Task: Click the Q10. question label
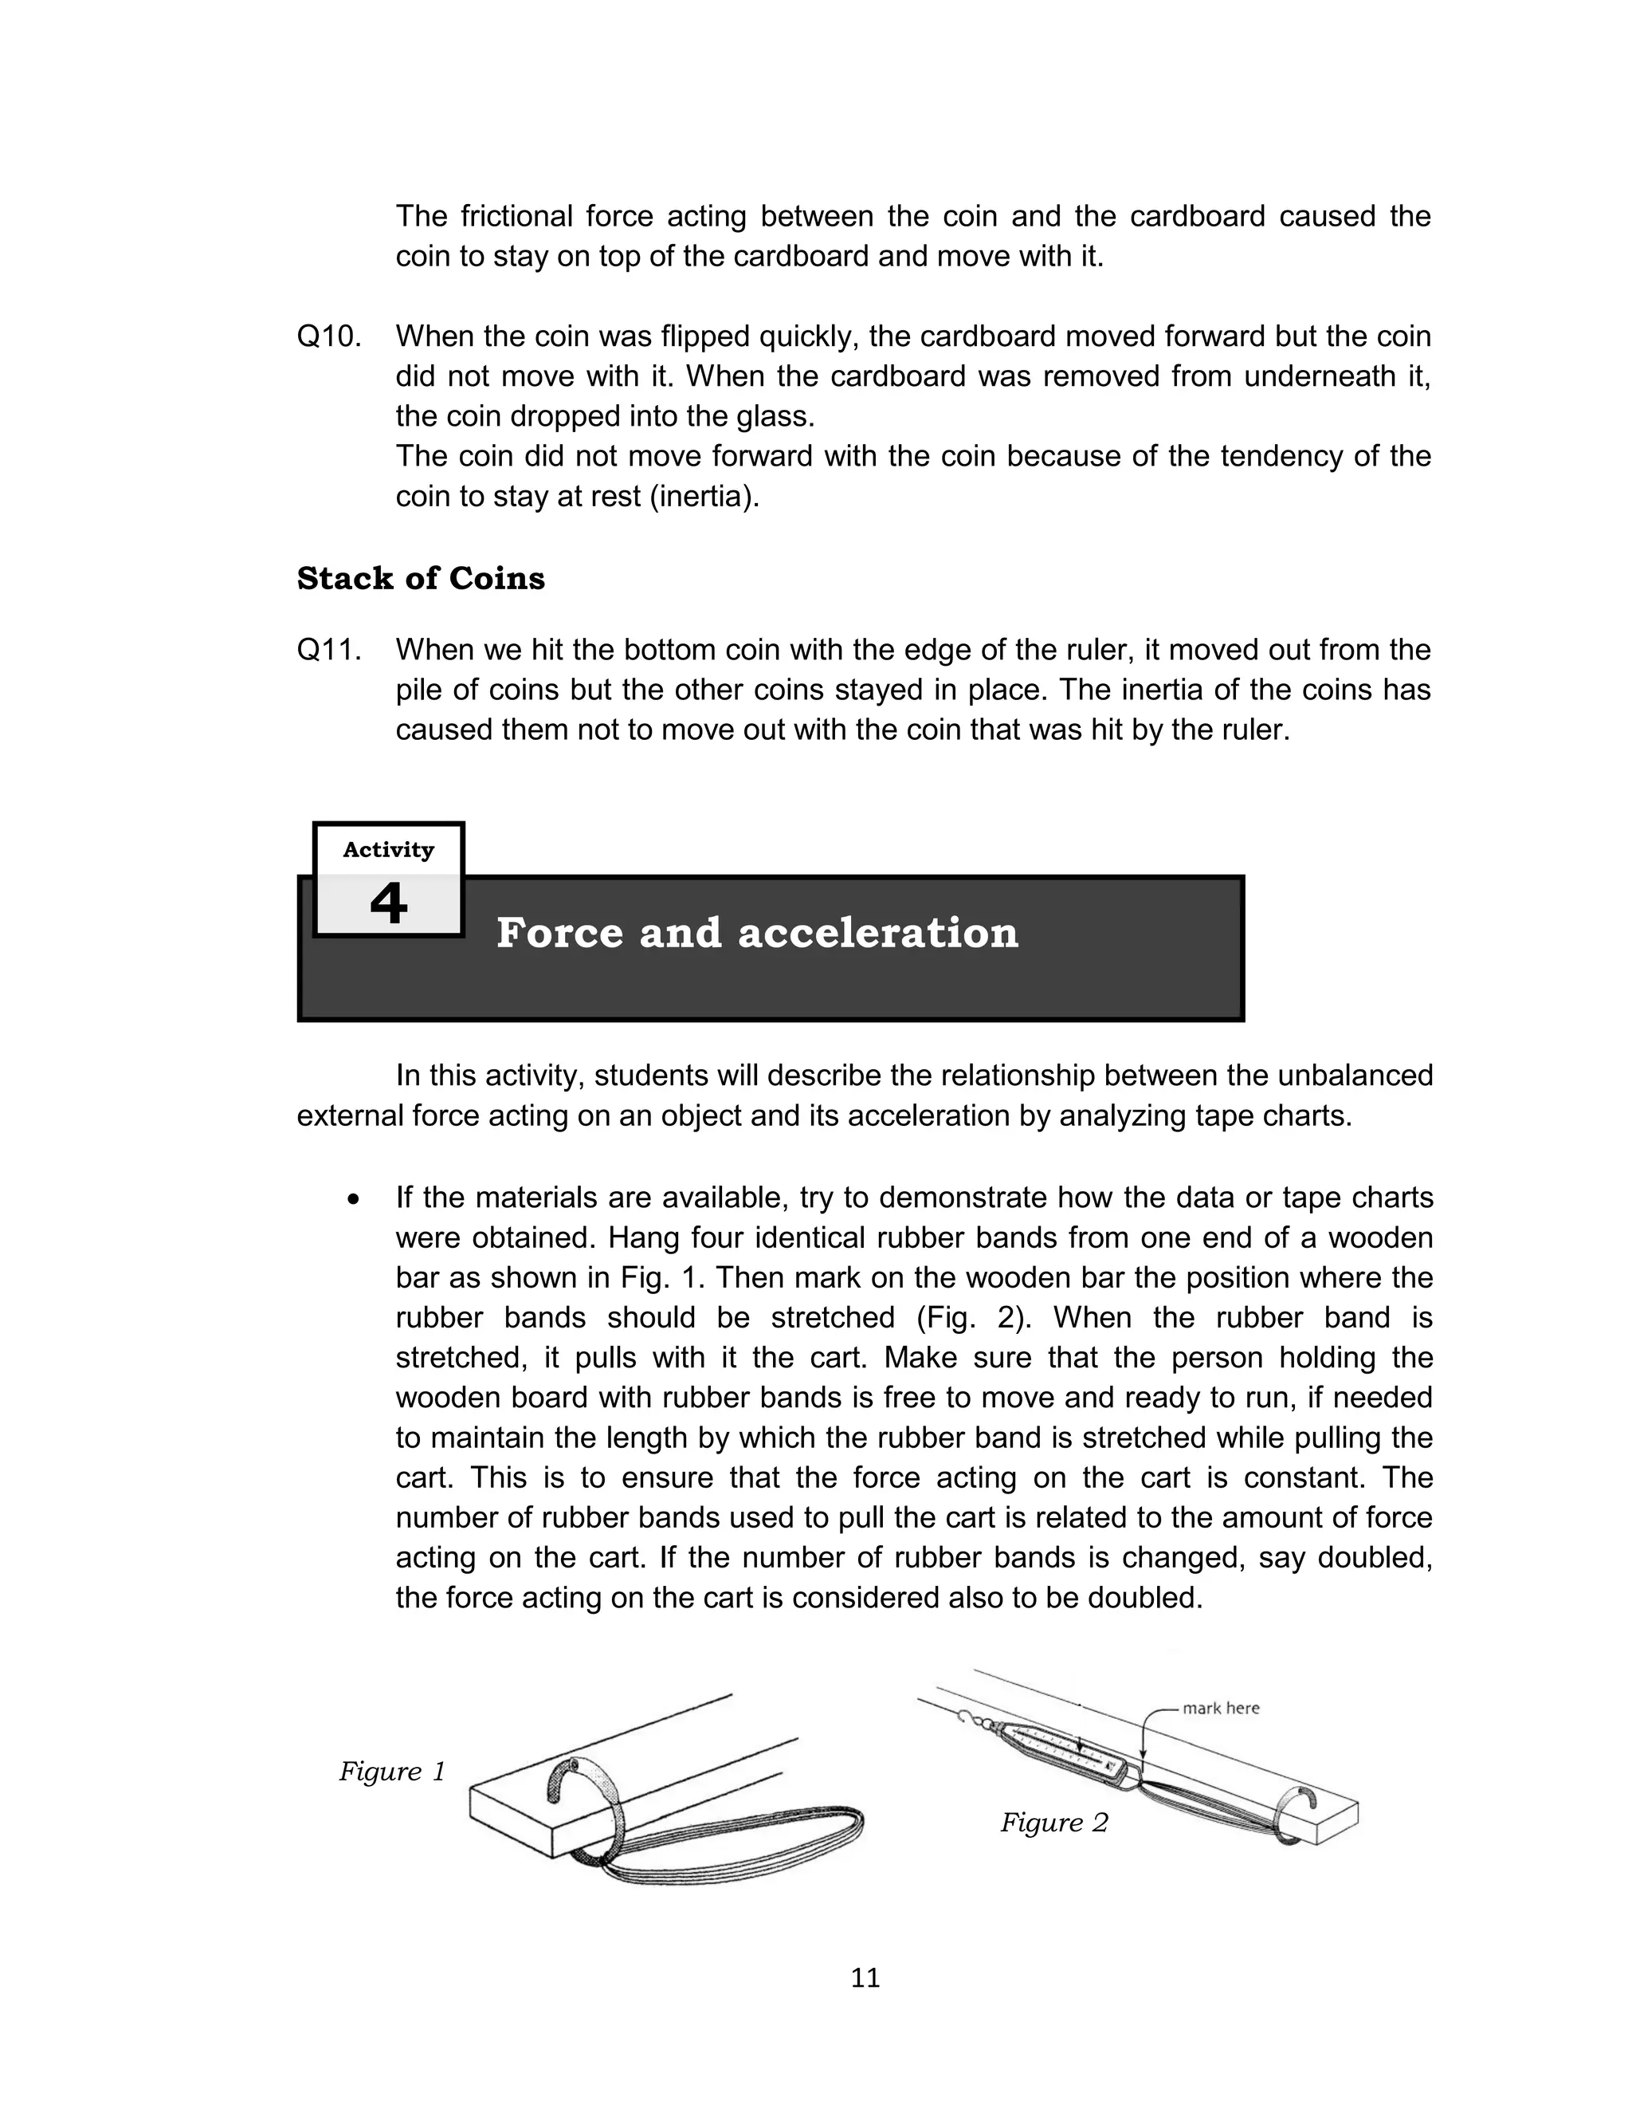coord(329,337)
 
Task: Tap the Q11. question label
coord(329,650)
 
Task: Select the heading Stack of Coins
coord(421,578)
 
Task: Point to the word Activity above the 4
coord(389,850)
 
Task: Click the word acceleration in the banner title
coord(878,933)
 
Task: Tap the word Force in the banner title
coord(560,933)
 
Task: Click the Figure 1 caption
coord(391,1772)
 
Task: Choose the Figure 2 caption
coord(1054,1822)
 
